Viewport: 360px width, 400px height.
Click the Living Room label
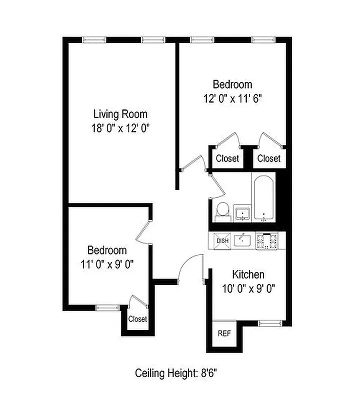[x=120, y=113]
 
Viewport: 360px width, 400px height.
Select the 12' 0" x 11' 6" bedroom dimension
[x=232, y=98]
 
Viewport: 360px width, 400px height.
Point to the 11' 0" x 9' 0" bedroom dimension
[x=107, y=263]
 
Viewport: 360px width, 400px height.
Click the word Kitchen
[x=248, y=274]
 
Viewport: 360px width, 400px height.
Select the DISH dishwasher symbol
[x=221, y=241]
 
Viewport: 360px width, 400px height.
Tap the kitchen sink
[x=243, y=240]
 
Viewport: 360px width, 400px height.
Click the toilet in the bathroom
[x=221, y=211]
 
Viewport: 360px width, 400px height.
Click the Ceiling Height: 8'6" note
[x=176, y=373]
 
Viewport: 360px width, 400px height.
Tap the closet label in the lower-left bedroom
[x=137, y=319]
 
